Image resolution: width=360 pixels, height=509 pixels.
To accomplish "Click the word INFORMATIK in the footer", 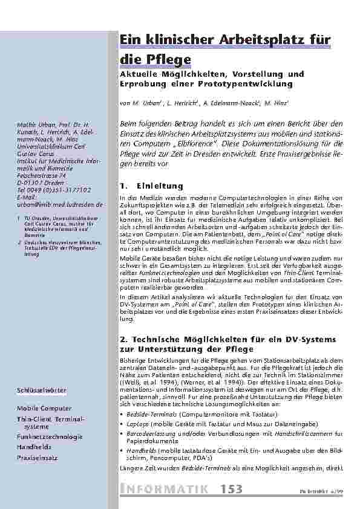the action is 166,488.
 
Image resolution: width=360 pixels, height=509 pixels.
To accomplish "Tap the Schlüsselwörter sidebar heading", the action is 42,391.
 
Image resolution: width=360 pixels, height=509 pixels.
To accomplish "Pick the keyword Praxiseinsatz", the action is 38,458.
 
